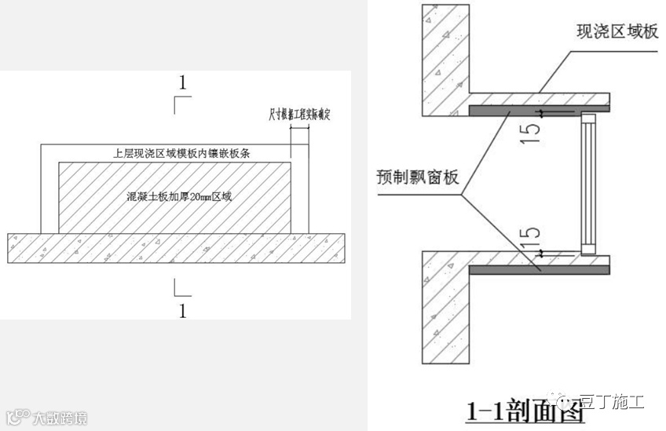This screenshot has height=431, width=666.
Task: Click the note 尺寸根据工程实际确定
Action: coord(300,116)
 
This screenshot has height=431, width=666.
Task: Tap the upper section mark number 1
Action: coord(183,82)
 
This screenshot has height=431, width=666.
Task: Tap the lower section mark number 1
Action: coord(183,310)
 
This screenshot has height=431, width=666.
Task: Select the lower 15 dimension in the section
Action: coord(532,235)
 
